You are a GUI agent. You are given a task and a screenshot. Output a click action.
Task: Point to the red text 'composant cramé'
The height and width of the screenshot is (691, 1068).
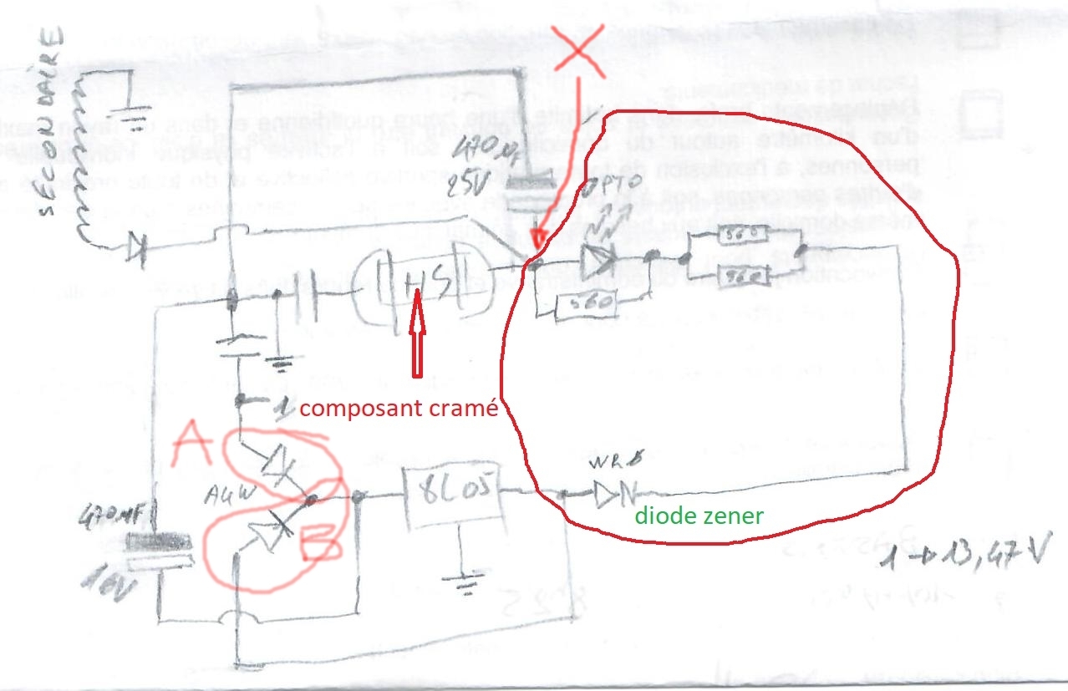pyautogui.click(x=399, y=409)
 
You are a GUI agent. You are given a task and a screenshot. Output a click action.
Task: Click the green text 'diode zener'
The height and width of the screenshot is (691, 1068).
pyautogui.click(x=699, y=516)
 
